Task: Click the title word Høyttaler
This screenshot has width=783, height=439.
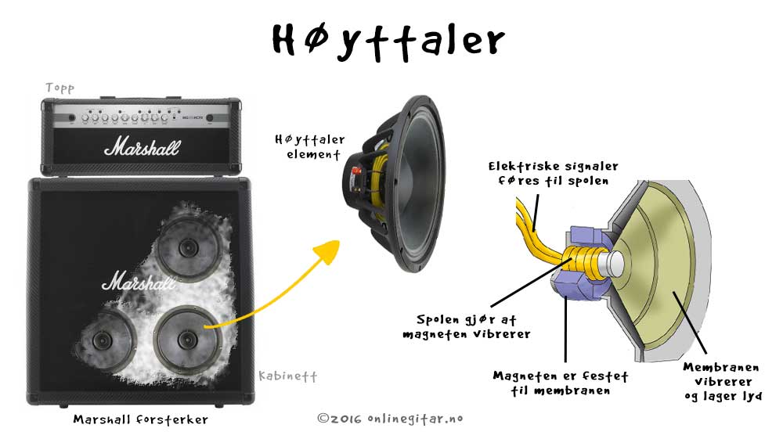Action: tap(388, 41)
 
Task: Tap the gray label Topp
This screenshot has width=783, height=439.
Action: tap(60, 88)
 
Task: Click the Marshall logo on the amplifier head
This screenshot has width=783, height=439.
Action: tap(143, 146)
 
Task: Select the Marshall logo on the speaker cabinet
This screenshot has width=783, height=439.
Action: tap(139, 281)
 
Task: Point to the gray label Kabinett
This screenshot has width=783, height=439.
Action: tap(287, 376)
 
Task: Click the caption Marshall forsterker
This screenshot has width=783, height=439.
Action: tap(141, 419)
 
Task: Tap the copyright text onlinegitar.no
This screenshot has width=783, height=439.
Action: tap(390, 419)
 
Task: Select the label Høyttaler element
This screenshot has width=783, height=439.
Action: tap(310, 146)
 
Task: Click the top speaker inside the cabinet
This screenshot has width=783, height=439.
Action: tap(188, 247)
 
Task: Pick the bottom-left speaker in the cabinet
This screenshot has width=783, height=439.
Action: tap(103, 340)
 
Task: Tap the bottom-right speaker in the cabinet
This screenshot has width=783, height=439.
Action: tap(188, 340)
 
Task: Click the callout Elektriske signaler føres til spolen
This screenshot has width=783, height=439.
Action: tap(553, 173)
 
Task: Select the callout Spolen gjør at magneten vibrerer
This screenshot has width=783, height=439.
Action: tap(467, 327)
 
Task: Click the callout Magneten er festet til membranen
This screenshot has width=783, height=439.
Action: tap(561, 383)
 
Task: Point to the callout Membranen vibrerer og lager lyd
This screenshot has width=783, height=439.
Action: tap(723, 382)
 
